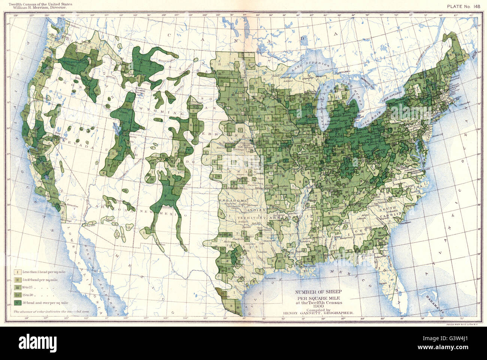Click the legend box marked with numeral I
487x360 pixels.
coord(17,272)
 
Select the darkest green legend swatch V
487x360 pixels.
coord(17,302)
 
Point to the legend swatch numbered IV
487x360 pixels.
coord(17,294)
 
